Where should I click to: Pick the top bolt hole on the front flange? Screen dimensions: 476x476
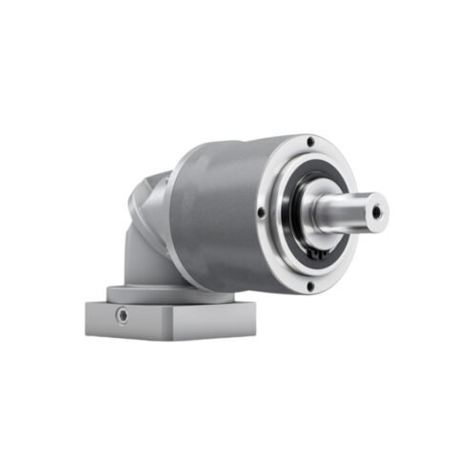[x=311, y=143]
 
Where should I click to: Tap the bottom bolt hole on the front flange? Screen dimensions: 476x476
[x=308, y=288]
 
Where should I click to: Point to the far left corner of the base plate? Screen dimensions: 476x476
[x=86, y=304]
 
